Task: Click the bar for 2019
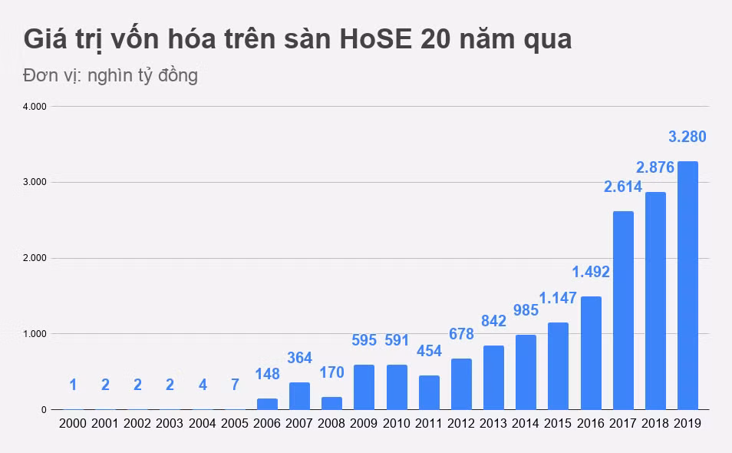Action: coord(687,286)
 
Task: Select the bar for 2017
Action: coord(623,310)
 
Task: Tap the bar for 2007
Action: coord(299,396)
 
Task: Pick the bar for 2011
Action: coord(429,392)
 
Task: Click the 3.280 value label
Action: coord(687,137)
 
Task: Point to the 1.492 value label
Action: coord(592,271)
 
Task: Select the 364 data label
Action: coord(300,358)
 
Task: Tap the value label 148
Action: coord(267,374)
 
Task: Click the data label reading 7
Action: coord(235,385)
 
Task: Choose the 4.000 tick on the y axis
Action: coord(35,107)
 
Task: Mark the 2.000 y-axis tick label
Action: coord(35,258)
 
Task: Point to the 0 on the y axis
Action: coord(43,410)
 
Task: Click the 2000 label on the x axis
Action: coord(73,423)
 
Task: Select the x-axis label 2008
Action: coord(331,423)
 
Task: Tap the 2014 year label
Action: coord(526,423)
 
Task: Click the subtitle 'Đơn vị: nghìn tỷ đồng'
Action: coord(110,76)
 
